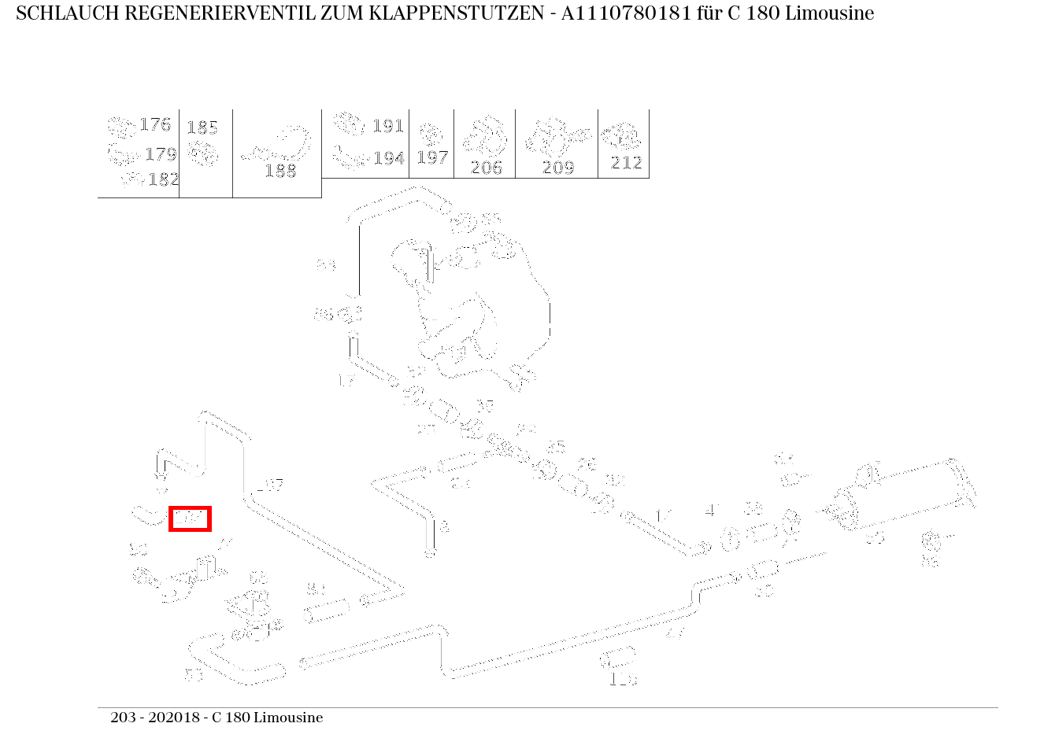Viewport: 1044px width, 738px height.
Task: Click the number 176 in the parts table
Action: tap(154, 124)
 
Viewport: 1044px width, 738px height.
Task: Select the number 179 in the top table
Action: tap(160, 154)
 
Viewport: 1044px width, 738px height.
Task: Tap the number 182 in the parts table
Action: tap(163, 179)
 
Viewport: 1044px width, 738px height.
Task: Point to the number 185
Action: tap(202, 127)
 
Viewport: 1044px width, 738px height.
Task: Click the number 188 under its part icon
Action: tap(280, 171)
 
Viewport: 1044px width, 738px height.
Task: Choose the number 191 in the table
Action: tap(387, 126)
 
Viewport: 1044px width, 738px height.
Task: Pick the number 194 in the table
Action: tap(388, 158)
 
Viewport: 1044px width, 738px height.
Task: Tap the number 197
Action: tap(432, 157)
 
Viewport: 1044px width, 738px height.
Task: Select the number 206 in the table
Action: tap(486, 167)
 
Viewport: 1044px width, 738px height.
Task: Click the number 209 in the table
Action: tap(557, 167)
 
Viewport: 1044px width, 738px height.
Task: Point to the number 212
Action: tap(626, 163)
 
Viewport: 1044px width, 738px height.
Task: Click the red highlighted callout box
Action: tap(190, 518)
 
